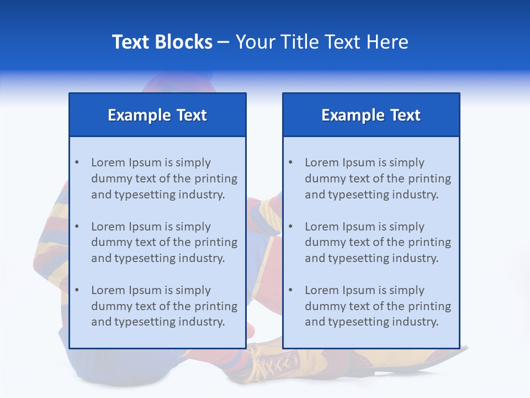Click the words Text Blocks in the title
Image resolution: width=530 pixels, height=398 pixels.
click(162, 42)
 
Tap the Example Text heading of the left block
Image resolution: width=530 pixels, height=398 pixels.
click(157, 115)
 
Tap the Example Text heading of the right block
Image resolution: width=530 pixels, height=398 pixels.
click(371, 115)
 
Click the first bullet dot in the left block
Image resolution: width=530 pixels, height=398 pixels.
click(77, 163)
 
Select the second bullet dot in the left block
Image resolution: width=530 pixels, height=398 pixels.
click(77, 227)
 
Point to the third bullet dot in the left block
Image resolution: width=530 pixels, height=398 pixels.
click(77, 290)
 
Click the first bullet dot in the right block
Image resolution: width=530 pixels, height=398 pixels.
click(290, 163)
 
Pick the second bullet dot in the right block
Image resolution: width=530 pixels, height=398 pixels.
click(290, 227)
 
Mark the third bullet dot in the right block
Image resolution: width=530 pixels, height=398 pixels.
click(290, 290)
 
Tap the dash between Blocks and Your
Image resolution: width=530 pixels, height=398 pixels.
click(224, 42)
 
